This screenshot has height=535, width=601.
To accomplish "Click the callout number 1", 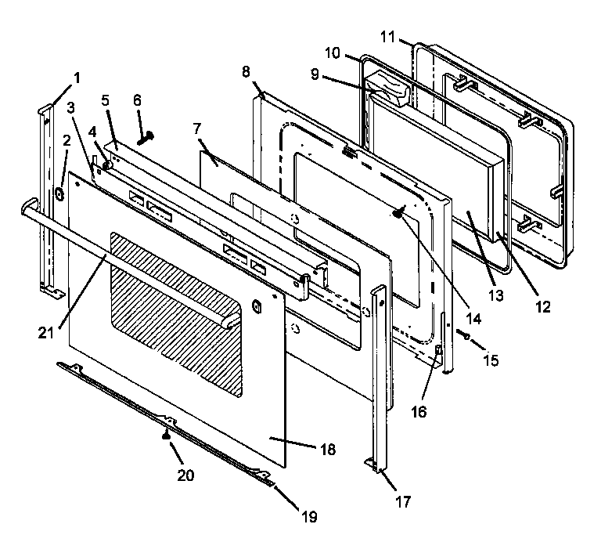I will pyautogui.click(x=77, y=77).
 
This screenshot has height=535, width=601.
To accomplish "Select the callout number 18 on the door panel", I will pyautogui.click(x=327, y=450).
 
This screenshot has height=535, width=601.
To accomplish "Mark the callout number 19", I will pyautogui.click(x=311, y=516).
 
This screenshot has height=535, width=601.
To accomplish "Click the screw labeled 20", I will pyautogui.click(x=166, y=436).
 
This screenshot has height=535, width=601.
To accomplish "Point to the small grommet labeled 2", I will pyautogui.click(x=59, y=193).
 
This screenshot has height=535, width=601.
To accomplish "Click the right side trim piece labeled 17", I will pyautogui.click(x=381, y=376).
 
